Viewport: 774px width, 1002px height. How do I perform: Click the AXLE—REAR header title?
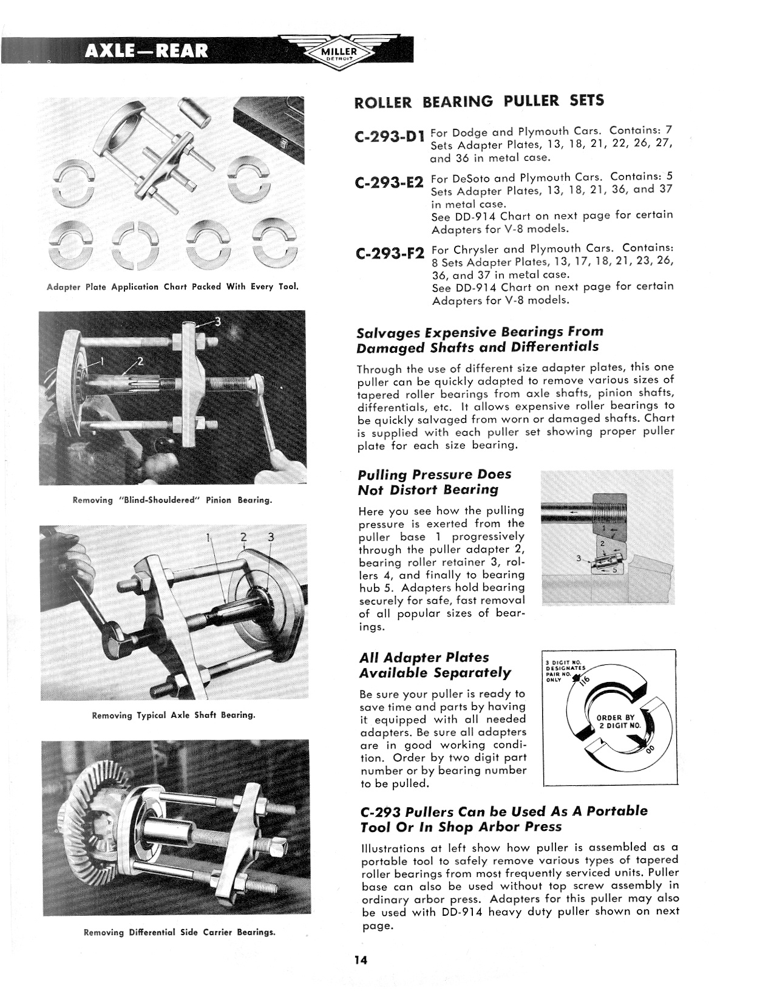[x=146, y=50]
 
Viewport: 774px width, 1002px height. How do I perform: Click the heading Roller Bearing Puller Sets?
[x=479, y=101]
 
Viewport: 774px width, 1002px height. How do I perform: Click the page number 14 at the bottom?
[x=362, y=960]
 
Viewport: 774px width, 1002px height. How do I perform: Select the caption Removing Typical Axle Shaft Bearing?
[x=173, y=715]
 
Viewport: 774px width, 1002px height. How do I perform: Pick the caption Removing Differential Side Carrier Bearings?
[x=179, y=932]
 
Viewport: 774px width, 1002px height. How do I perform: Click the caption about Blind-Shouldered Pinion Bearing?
[x=172, y=500]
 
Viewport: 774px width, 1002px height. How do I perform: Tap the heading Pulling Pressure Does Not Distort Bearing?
[x=435, y=482]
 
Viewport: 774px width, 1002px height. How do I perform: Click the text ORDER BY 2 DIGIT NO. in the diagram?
[x=619, y=721]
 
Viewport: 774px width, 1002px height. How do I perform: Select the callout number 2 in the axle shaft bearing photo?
[x=244, y=537]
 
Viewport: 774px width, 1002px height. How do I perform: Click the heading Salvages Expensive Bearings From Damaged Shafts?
[x=480, y=339]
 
